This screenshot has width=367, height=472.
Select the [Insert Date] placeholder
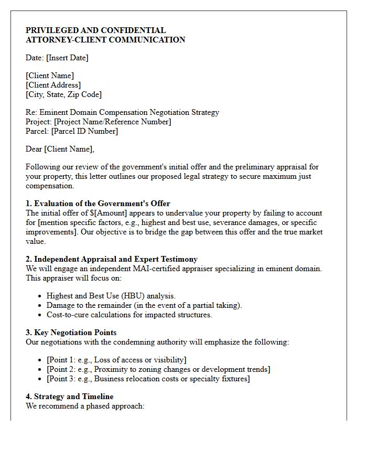tap(67, 58)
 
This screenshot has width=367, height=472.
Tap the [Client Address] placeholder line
tap(53, 85)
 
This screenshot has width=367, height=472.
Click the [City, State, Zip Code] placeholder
tap(63, 94)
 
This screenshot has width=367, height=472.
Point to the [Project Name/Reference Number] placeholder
tap(111, 122)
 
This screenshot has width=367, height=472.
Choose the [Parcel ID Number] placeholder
tap(84, 131)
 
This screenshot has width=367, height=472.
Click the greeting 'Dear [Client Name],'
tap(60, 149)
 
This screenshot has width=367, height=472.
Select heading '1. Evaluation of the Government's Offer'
tap(98, 203)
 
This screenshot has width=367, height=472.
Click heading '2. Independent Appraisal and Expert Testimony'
tap(112, 259)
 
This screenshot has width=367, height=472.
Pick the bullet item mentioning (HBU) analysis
tap(111, 296)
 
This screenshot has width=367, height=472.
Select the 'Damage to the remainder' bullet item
tap(144, 305)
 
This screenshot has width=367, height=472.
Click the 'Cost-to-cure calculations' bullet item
tap(129, 315)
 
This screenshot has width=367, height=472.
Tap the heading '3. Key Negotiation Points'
tap(71, 332)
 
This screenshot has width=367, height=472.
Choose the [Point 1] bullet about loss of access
tap(116, 360)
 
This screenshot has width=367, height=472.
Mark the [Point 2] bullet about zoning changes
tap(158, 369)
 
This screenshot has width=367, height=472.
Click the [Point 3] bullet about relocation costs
tap(148, 379)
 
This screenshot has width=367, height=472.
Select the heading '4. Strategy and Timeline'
tap(70, 396)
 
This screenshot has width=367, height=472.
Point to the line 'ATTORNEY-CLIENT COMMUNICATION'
tap(105, 40)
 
